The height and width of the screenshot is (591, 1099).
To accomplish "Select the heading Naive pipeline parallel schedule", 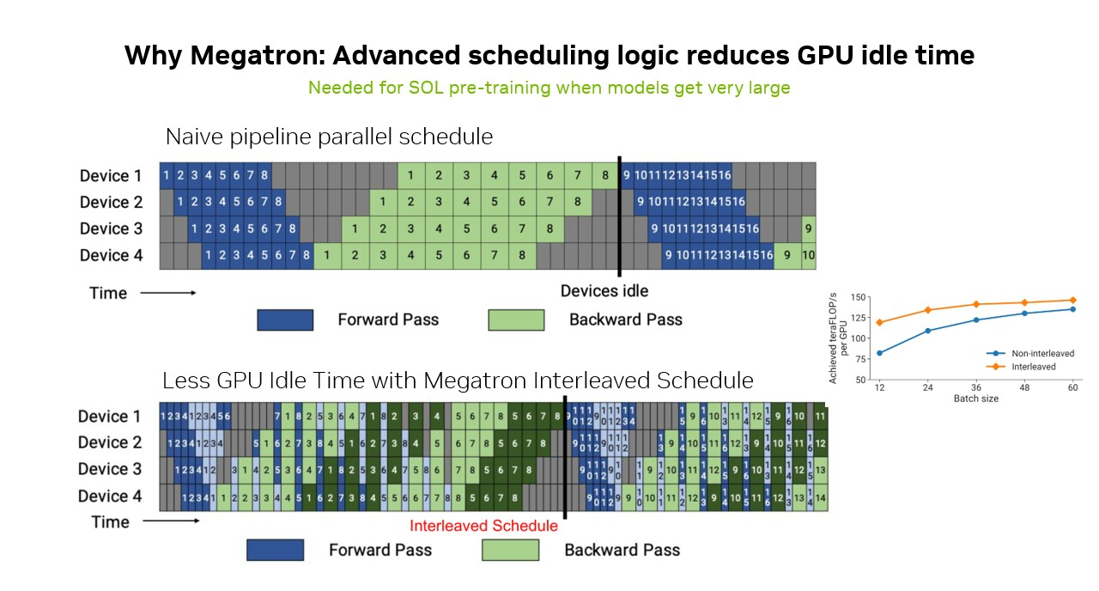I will click(329, 137).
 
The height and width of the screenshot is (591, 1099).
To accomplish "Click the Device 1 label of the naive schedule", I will click(111, 176).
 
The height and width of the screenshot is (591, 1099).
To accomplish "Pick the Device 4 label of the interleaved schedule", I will click(110, 497).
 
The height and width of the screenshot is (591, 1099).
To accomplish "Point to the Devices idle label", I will click(604, 290).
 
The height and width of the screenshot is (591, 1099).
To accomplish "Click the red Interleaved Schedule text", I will click(483, 526).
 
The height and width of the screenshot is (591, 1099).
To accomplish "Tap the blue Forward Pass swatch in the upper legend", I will click(285, 320).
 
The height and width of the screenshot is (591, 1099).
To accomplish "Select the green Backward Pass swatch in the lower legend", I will click(511, 550).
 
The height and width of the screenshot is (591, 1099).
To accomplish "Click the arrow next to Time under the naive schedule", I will click(168, 293).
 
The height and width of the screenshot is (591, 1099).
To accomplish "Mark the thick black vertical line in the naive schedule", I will click(619, 215).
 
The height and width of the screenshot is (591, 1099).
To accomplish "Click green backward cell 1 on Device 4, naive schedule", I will click(327, 256).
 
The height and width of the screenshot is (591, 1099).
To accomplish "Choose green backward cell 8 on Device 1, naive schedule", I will click(605, 176).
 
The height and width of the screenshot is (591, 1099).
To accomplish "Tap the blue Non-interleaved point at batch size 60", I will click(1072, 309).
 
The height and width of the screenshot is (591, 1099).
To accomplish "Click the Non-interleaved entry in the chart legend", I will click(1042, 353).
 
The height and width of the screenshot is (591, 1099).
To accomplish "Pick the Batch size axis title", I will click(975, 399).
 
